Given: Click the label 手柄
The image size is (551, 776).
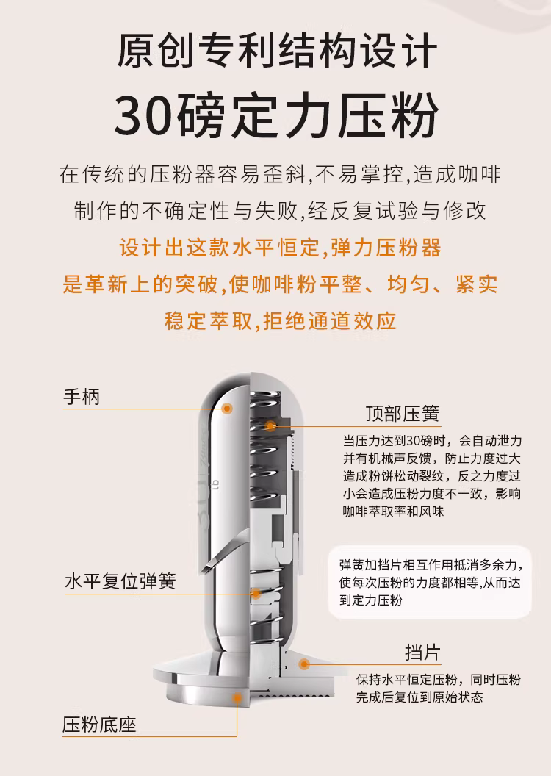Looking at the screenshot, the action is tap(82, 397).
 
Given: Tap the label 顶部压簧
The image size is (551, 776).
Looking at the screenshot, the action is tap(403, 414).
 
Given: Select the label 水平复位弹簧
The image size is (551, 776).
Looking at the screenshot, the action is tap(120, 581).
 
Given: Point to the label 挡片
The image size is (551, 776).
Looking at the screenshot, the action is tap(422, 653).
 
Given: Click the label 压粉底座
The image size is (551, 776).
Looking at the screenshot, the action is tap(99, 725).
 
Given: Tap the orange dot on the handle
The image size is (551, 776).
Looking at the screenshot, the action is tap(227, 409).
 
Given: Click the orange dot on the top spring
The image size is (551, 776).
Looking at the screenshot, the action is tap(270, 425).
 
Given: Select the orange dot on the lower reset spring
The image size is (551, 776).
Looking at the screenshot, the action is tap(256, 593).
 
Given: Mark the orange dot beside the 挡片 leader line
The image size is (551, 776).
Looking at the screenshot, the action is tap(304, 664).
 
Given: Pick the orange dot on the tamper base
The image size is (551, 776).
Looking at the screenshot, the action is tap(237, 698).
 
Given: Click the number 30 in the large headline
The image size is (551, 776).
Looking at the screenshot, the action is tap(144, 115).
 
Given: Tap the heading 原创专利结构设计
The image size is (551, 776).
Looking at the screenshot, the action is tap(277, 51).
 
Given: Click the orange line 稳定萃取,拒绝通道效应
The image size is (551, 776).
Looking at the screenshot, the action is tap(281, 321).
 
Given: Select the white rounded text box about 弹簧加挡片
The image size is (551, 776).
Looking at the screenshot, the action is tap(429, 582).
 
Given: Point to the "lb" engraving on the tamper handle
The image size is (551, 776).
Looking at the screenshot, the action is tap(215, 484).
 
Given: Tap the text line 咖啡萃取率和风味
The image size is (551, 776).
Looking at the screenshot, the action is tap(393, 511).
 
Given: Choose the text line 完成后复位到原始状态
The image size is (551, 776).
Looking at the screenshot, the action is tap(419, 697).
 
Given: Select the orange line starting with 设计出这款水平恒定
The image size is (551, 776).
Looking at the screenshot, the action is tap(281, 248).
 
